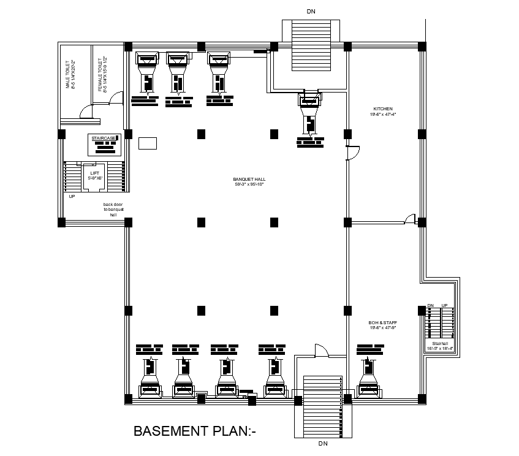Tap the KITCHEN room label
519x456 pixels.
click(382, 108)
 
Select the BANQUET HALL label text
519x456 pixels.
click(249, 179)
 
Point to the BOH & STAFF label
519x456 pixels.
click(382, 322)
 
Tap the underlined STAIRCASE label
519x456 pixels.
click(104, 139)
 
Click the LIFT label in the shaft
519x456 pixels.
click(94, 173)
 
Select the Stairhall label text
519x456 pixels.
click(439, 343)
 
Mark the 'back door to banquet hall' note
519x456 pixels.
click(113, 210)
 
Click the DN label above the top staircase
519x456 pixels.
click(311, 11)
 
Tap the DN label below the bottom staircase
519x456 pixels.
click(322, 443)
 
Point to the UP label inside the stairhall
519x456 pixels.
click(445, 305)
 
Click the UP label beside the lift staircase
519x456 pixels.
click(72, 197)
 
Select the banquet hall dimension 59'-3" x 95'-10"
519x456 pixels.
click(249, 184)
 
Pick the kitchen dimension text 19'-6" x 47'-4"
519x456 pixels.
click(382, 114)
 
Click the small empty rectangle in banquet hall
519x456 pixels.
click(148, 143)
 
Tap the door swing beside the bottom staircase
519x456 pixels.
click(321, 350)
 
